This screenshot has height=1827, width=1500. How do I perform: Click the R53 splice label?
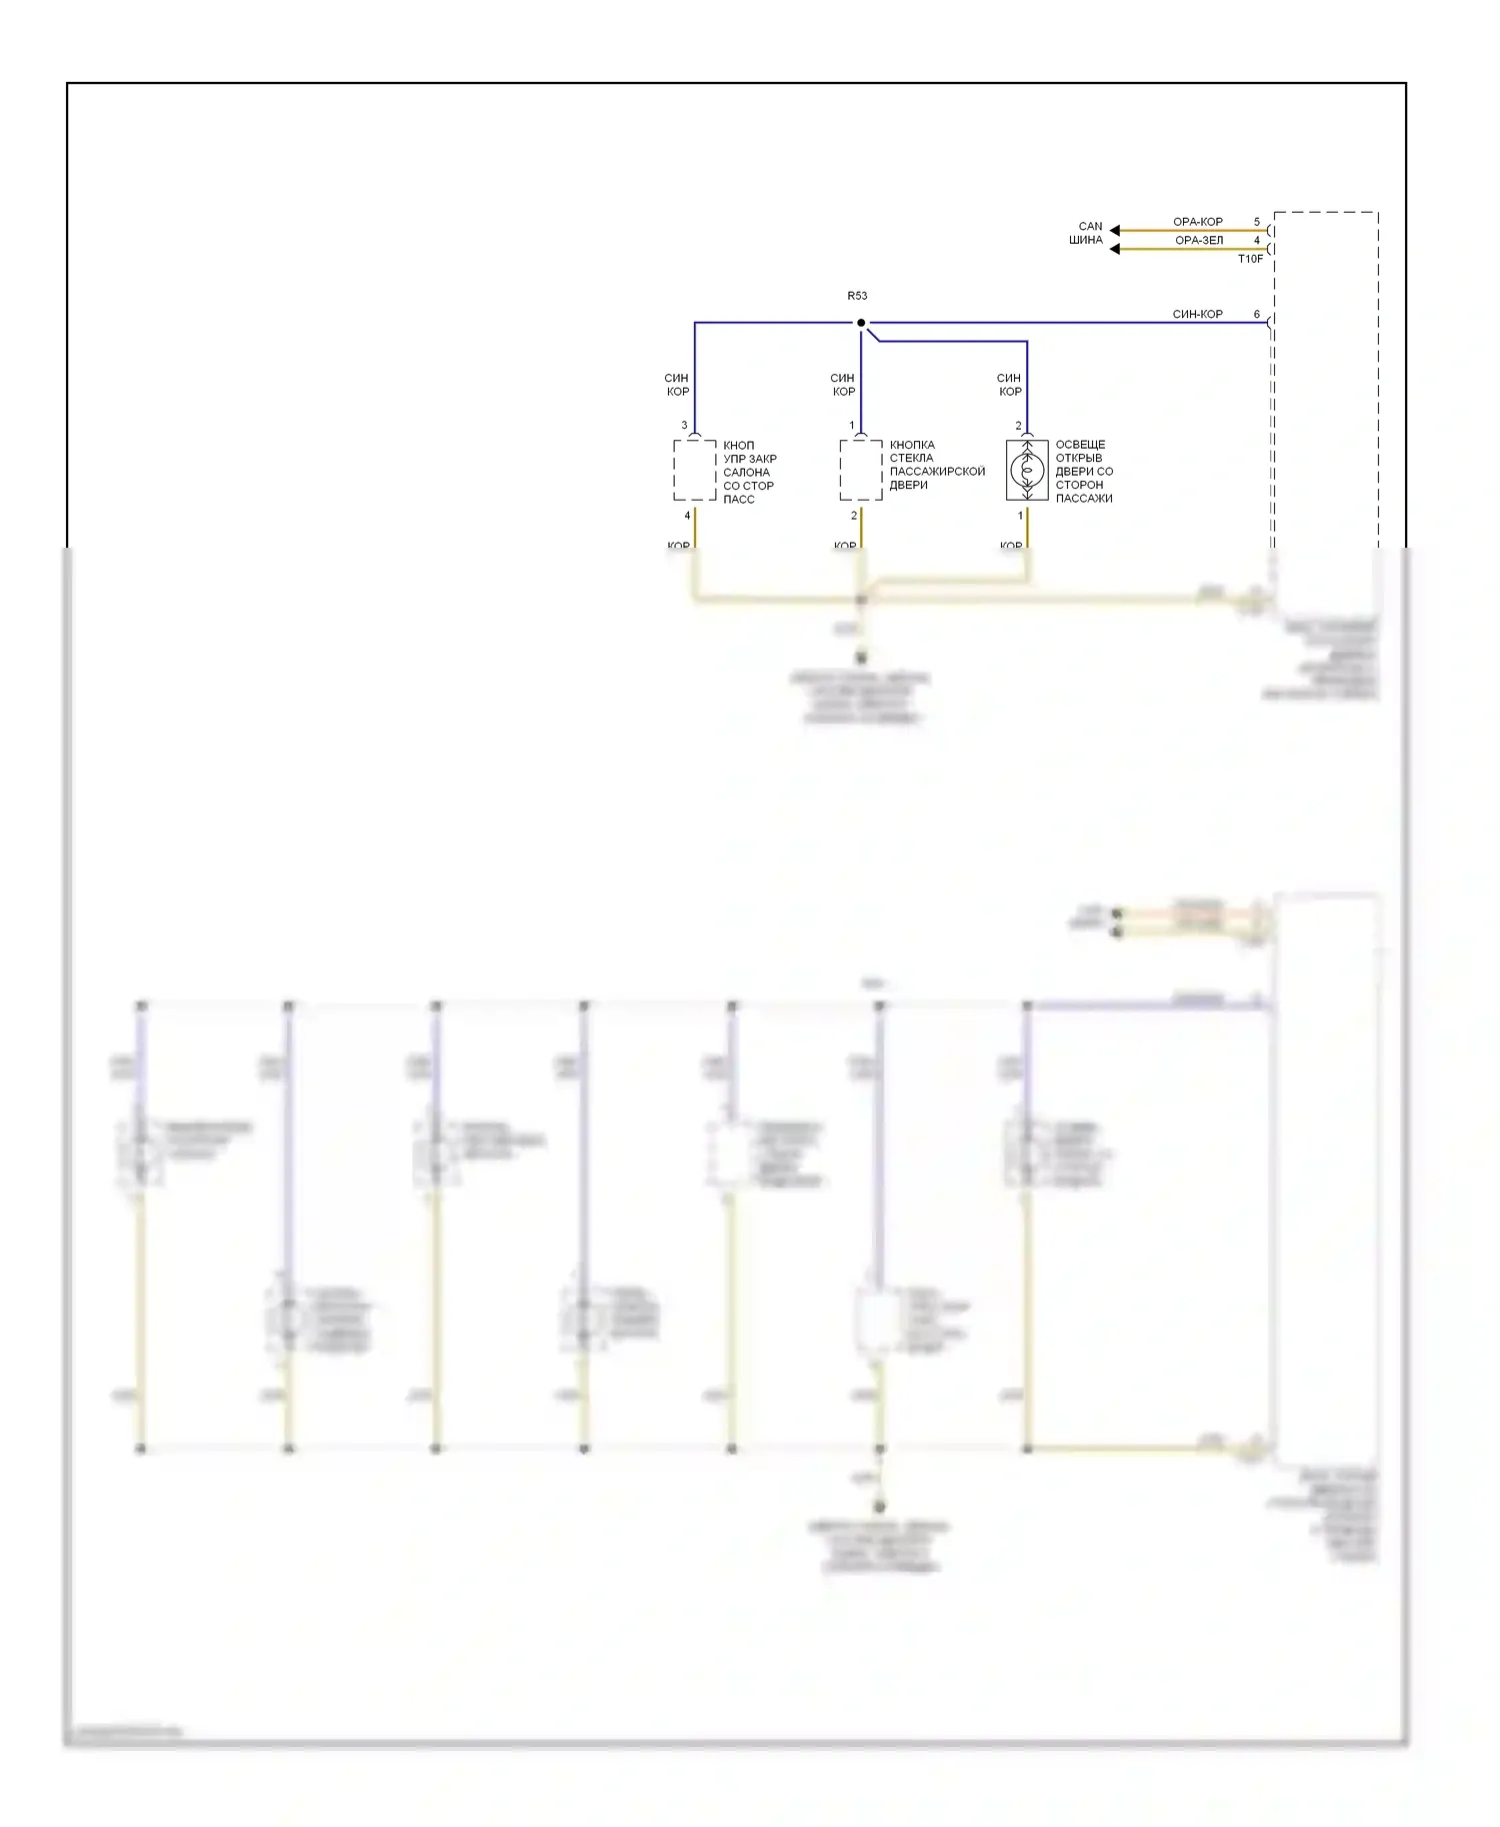(857, 296)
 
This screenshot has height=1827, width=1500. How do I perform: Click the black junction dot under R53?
(861, 323)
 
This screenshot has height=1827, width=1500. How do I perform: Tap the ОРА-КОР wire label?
(1197, 222)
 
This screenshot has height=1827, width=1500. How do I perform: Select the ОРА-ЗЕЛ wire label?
(1198, 240)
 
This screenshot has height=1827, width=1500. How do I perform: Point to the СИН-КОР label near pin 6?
(1197, 314)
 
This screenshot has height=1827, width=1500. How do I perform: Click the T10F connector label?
(1250, 259)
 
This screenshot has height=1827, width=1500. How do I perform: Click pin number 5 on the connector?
(1257, 222)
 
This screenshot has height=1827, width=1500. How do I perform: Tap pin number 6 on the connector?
(1257, 314)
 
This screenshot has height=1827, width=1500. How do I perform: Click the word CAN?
(1090, 227)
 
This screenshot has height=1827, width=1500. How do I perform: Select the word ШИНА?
(1086, 240)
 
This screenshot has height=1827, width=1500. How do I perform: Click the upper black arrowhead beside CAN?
(1115, 230)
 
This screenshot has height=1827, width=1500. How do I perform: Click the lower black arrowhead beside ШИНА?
(1115, 249)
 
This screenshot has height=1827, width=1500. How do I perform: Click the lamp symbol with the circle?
(1027, 470)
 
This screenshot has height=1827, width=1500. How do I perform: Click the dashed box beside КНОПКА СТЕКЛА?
(860, 470)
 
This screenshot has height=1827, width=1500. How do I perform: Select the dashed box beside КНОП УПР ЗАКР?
(694, 470)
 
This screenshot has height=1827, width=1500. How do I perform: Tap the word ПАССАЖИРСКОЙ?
(937, 472)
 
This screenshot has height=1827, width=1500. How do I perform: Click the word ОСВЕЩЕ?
(1080, 445)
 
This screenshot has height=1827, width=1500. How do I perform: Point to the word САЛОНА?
(746, 473)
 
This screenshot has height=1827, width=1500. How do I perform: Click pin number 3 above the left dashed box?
(685, 426)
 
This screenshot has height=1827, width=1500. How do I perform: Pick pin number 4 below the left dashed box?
(687, 516)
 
